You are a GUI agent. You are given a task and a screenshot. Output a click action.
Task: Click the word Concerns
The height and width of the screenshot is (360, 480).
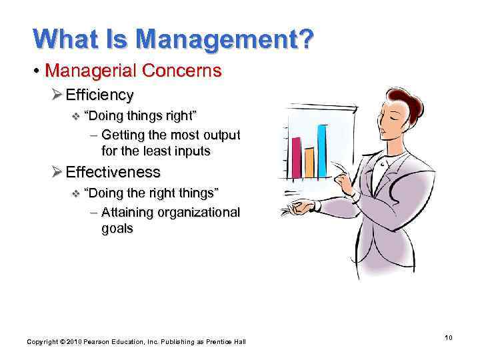tap(189, 71)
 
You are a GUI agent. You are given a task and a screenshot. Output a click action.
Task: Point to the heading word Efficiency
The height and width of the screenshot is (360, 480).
tap(99, 95)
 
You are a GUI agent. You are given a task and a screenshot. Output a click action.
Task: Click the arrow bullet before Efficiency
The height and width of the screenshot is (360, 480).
tap(57, 95)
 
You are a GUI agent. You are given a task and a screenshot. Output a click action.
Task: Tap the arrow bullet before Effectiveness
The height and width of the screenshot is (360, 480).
tap(57, 172)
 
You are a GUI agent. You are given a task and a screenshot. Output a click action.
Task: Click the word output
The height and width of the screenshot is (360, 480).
tap(220, 135)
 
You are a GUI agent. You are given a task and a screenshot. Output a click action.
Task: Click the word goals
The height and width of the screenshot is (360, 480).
tap(117, 228)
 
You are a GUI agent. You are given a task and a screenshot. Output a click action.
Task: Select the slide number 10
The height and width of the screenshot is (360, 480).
tap(449, 338)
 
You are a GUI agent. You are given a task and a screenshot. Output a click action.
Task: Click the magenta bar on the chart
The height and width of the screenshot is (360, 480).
tap(296, 156)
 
